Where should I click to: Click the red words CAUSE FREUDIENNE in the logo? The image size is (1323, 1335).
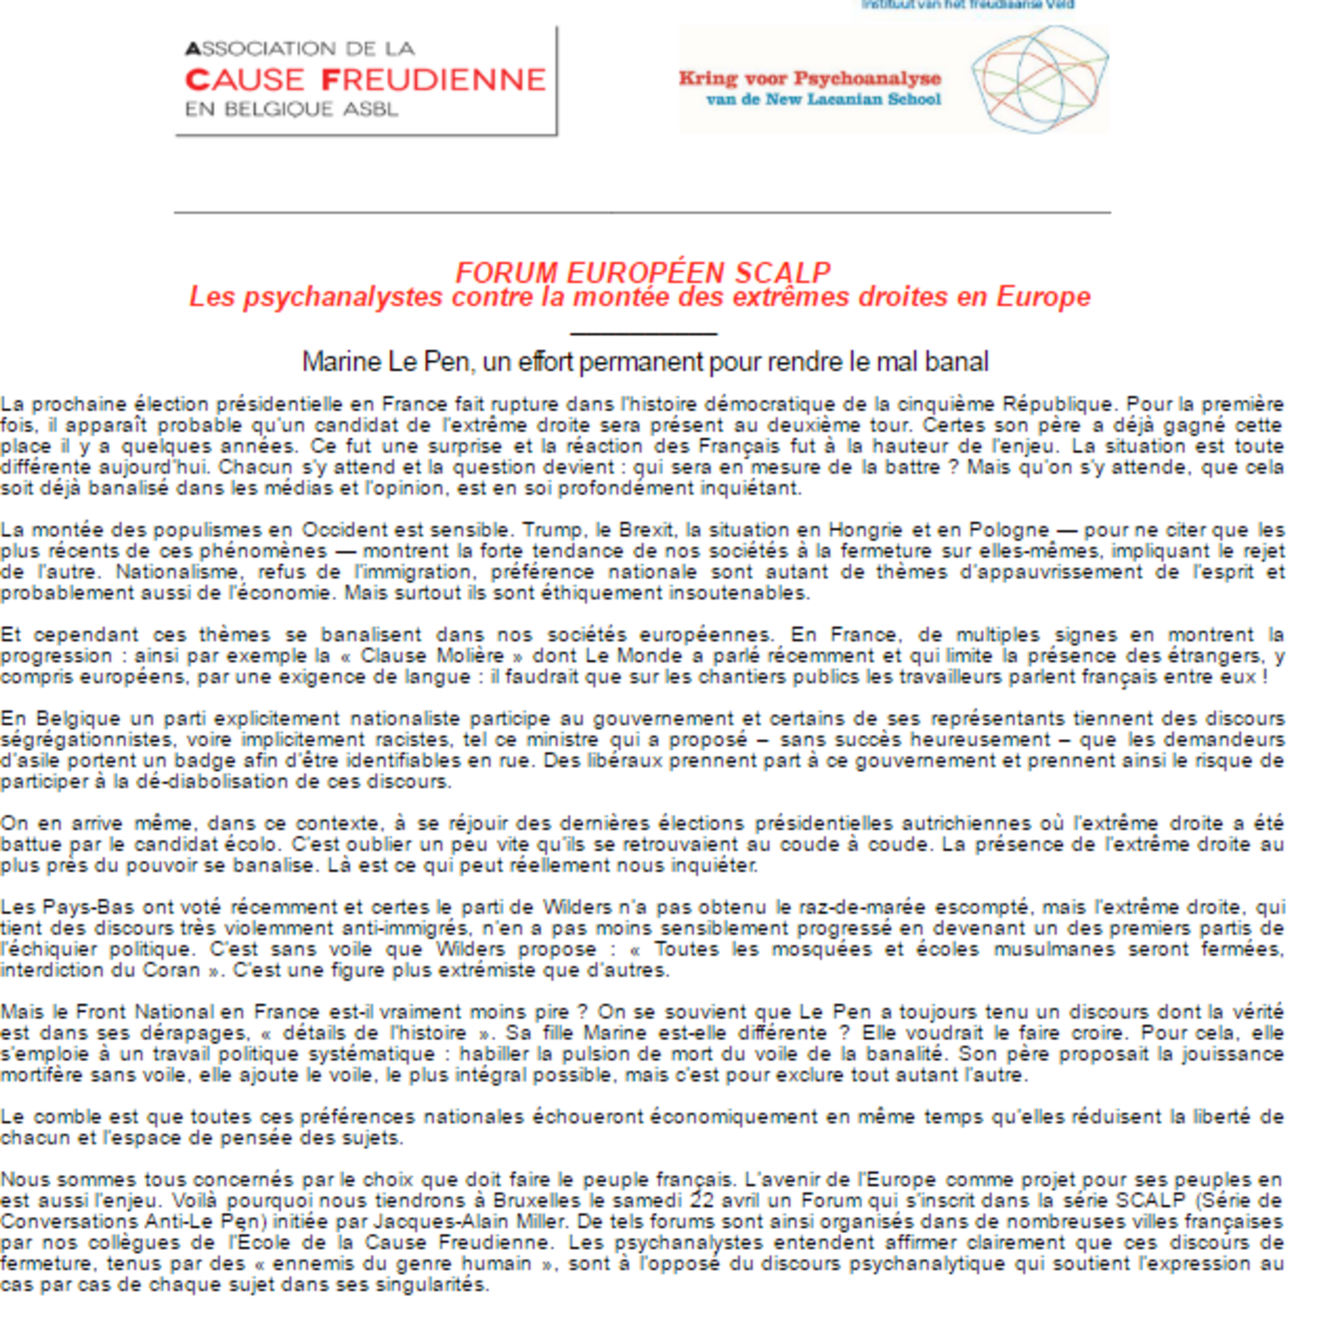click(365, 80)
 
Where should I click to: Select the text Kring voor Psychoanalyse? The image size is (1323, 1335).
click(809, 78)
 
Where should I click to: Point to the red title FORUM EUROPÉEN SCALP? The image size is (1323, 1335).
click(642, 273)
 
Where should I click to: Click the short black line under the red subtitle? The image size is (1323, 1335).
click(643, 334)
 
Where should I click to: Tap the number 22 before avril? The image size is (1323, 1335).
click(703, 1200)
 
